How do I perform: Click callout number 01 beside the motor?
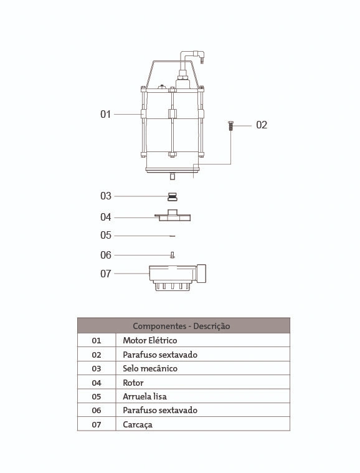pyautogui.click(x=105, y=114)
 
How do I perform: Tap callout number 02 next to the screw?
pyautogui.click(x=262, y=125)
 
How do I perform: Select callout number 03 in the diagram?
pyautogui.click(x=105, y=196)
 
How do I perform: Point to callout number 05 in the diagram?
pyautogui.click(x=105, y=236)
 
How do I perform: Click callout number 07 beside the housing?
pyautogui.click(x=105, y=274)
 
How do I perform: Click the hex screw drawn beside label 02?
pyautogui.click(x=230, y=125)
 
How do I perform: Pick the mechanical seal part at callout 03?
pyautogui.click(x=172, y=197)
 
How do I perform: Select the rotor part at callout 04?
pyautogui.click(x=173, y=216)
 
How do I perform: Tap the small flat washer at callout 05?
pyautogui.click(x=172, y=236)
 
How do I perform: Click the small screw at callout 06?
pyautogui.click(x=172, y=256)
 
